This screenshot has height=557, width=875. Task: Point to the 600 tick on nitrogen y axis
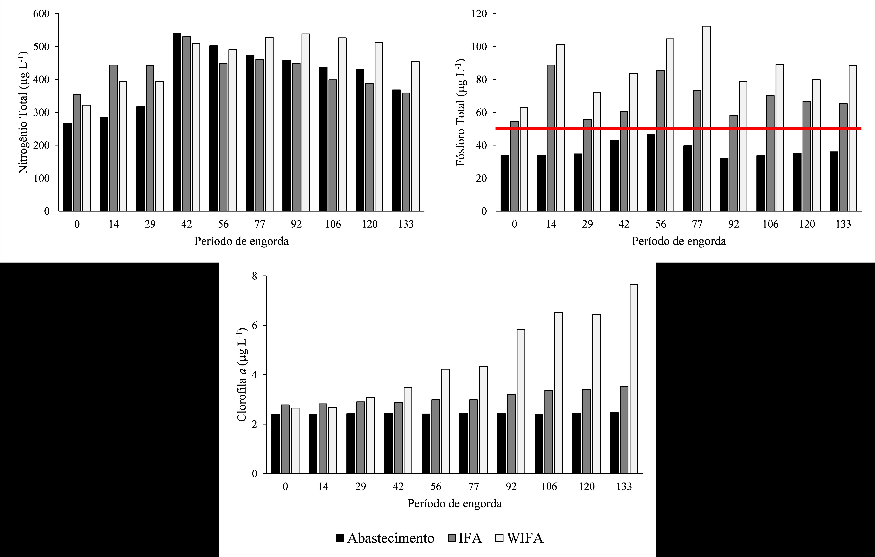[41, 14]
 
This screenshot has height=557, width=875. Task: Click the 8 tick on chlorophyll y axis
[254, 276]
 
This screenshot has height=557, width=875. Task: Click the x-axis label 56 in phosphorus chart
[661, 224]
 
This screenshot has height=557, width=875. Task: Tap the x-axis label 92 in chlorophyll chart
[511, 486]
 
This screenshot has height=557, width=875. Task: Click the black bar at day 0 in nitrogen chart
[67, 167]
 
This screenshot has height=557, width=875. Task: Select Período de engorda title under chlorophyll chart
[455, 504]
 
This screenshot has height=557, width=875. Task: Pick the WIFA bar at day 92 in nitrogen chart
[306, 122]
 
